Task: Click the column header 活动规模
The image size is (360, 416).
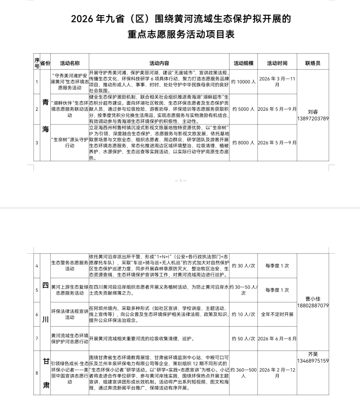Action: [x=243, y=63]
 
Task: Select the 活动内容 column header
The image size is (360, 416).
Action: [x=159, y=63]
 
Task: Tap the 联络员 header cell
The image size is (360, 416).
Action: [x=313, y=63]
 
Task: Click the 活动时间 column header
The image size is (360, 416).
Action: [x=277, y=63]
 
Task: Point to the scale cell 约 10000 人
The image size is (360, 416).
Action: [x=243, y=82]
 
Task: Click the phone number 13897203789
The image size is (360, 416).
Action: [x=313, y=118]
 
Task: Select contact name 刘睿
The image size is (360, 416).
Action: [x=313, y=112]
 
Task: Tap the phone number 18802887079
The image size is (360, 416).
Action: [x=313, y=305]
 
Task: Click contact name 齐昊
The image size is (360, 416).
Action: [x=313, y=354]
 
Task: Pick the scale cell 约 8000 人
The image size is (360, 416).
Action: [x=243, y=143]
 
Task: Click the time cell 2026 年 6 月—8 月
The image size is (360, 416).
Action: [x=277, y=339]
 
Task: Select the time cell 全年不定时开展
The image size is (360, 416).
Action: [x=277, y=314]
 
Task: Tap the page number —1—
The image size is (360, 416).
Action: [x=180, y=181]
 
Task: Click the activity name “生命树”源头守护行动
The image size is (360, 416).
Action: [x=70, y=143]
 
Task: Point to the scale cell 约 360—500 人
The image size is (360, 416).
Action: [x=243, y=373]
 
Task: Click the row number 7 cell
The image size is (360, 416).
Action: [x=37, y=339]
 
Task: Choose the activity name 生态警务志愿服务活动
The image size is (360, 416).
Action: [x=70, y=266]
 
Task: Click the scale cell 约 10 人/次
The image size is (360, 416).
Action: [x=243, y=314]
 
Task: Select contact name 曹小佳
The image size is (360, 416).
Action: [x=313, y=299]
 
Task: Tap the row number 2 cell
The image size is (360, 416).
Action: [x=37, y=109]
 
